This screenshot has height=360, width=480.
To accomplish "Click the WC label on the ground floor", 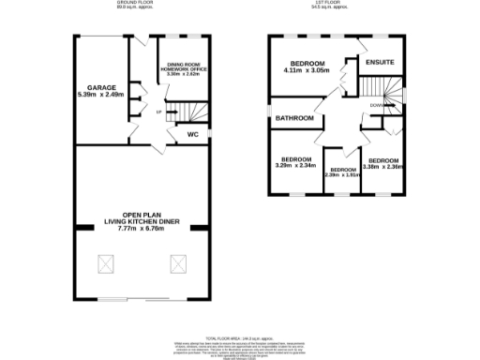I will (193, 134).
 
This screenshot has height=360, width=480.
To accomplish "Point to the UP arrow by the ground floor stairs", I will (158, 112).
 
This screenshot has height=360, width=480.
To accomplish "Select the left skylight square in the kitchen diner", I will (105, 264).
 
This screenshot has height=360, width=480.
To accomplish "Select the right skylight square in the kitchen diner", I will (176, 264).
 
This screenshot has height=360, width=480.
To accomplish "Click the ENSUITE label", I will (380, 63).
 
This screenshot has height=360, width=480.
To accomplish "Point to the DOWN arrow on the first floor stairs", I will (375, 106).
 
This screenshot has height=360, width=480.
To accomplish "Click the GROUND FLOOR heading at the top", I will (134, 5).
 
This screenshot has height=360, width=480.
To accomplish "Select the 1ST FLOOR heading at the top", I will (336, 5).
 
